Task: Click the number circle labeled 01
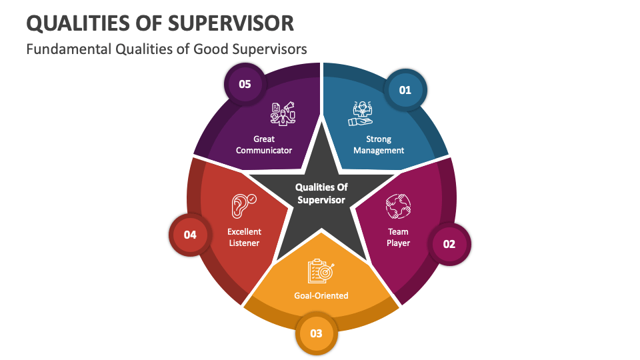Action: pyautogui.click(x=405, y=89)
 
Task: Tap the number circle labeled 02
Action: pyautogui.click(x=449, y=243)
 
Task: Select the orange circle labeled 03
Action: pyautogui.click(x=317, y=333)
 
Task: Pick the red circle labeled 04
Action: pyautogui.click(x=190, y=235)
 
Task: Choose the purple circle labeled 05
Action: pyautogui.click(x=245, y=84)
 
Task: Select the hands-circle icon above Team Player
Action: pyautogui.click(x=398, y=206)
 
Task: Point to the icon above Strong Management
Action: pyautogui.click(x=361, y=114)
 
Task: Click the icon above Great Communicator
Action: pyautogui.click(x=283, y=114)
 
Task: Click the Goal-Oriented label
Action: pyautogui.click(x=321, y=295)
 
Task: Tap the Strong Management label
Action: pyautogui.click(x=379, y=145)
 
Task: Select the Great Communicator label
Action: pyautogui.click(x=264, y=145)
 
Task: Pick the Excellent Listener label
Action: pyautogui.click(x=245, y=237)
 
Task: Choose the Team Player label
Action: pyautogui.click(x=399, y=237)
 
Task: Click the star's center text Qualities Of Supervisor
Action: pyautogui.click(x=321, y=193)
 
